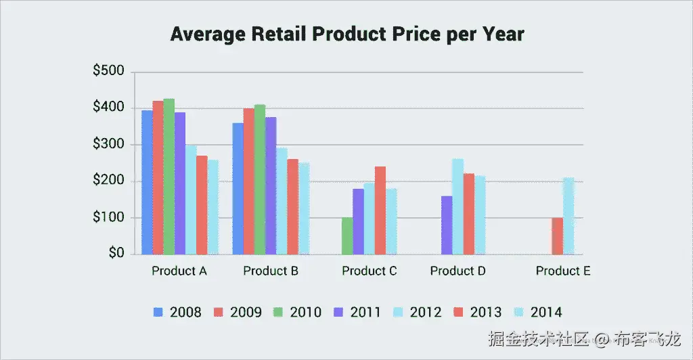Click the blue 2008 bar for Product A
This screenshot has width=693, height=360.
pos(147,182)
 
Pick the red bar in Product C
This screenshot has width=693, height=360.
pos(380,210)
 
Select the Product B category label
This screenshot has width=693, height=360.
pos(270,271)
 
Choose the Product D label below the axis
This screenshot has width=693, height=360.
pos(458,271)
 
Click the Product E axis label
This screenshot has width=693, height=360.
pos(563,271)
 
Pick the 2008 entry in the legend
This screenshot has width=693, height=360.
pos(177,312)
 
